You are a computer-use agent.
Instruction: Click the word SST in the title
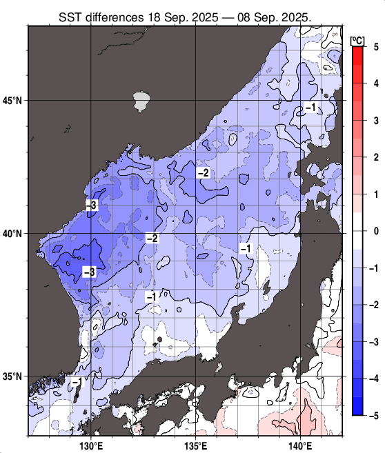[72, 14]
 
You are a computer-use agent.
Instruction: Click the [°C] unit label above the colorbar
[357, 39]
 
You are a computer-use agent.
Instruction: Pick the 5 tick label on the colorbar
[375, 46]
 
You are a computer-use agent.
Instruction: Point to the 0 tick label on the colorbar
[375, 231]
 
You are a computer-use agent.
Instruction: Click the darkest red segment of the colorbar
[357, 55]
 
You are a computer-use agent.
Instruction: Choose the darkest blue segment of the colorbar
[357, 406]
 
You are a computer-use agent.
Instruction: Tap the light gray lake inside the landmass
[141, 101]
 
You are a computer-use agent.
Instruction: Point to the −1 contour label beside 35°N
[77, 381]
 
